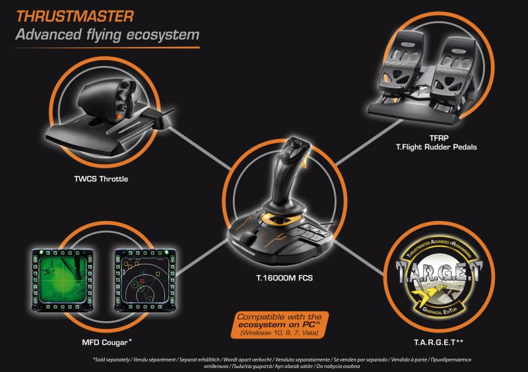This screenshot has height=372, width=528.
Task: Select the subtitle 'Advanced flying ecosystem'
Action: (x=107, y=34)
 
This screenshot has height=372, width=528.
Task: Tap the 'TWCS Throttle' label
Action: (x=101, y=179)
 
